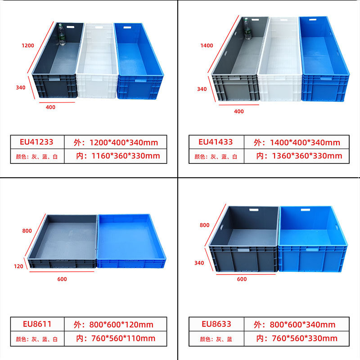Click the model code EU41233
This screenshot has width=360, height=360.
36,142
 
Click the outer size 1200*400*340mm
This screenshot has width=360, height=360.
116,143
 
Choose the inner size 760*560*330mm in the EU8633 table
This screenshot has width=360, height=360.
297,338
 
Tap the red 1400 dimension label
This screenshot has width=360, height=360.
207,45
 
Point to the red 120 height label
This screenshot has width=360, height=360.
18,266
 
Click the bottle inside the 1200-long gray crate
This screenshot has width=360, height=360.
62,36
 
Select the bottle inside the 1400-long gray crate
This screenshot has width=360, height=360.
247,28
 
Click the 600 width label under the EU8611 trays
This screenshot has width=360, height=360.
62,279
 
